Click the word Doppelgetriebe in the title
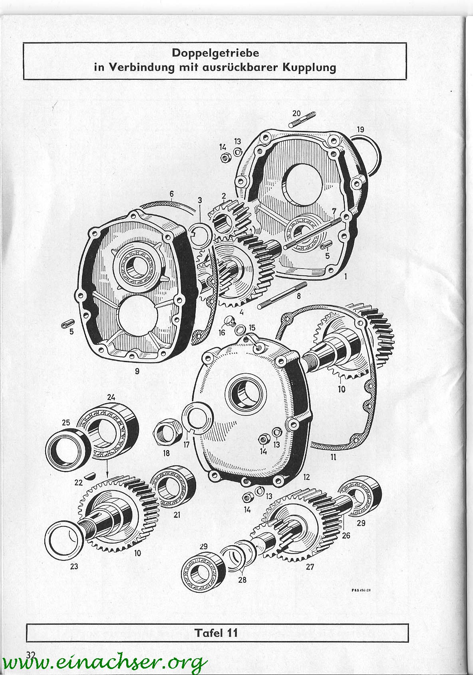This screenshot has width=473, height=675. tap(215, 53)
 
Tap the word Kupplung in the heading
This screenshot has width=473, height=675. tap(309, 67)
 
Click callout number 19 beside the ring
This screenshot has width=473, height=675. tap(360, 130)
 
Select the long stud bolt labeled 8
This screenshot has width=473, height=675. tap(282, 295)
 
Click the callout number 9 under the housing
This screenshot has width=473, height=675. tap(137, 371)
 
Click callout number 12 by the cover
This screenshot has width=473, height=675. tap(306, 477)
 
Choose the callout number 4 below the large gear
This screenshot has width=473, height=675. tap(241, 313)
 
